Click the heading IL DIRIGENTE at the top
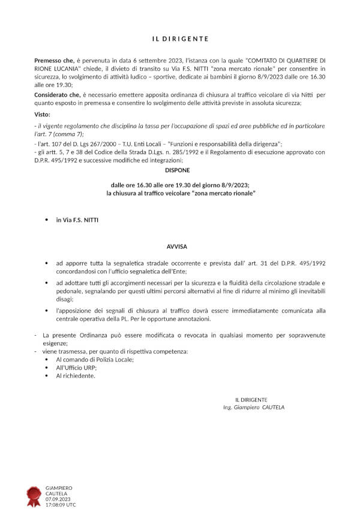[x=179, y=39]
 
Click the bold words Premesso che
[x=53, y=61]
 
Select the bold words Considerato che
[x=58, y=95]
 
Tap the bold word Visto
[x=42, y=114]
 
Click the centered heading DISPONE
[x=179, y=170]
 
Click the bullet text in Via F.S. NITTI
[x=77, y=221]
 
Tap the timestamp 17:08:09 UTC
[x=61, y=505]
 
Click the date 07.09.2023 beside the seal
[x=58, y=499]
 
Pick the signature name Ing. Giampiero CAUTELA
[x=253, y=407]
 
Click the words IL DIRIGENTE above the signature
[x=251, y=399]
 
